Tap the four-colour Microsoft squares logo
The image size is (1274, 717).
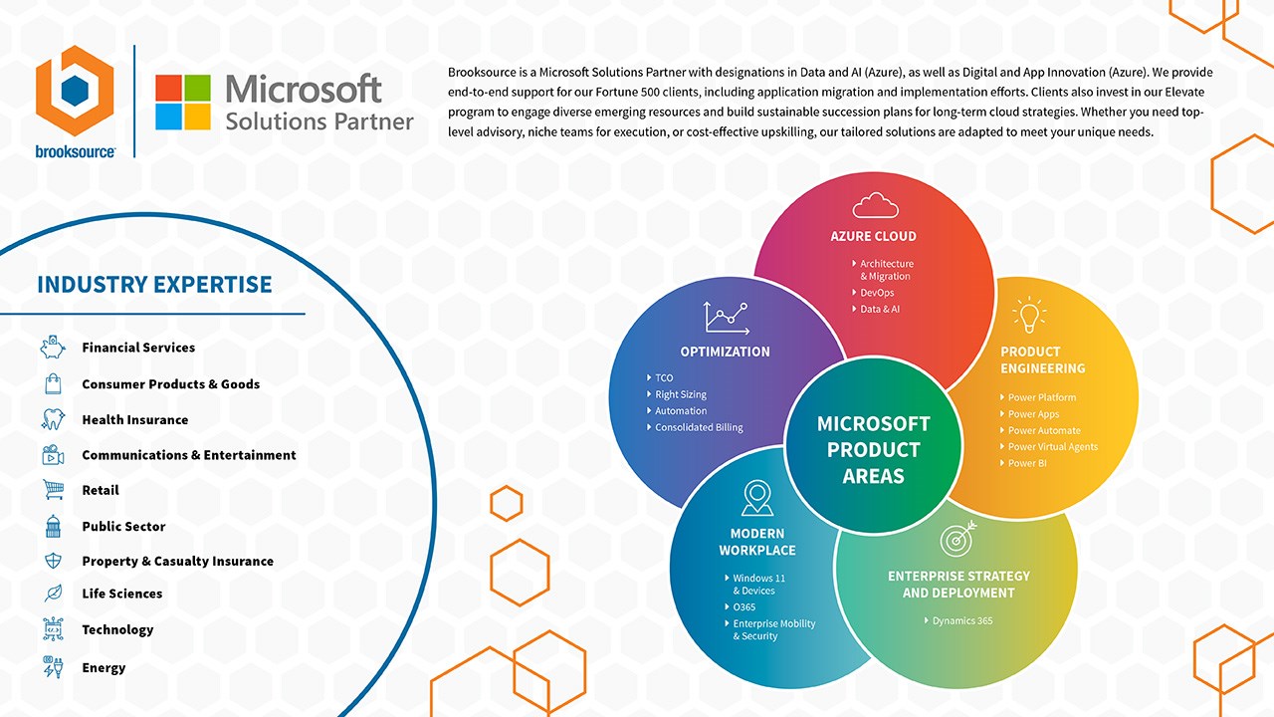[183, 103]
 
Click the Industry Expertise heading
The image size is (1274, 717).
[154, 285]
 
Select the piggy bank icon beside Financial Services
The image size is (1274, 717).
[53, 348]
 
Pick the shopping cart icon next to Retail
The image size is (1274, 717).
[53, 490]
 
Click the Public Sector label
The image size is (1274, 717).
[123, 527]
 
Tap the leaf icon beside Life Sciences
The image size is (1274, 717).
[53, 594]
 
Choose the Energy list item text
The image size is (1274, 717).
[104, 668]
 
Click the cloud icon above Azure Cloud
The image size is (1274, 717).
[875, 205]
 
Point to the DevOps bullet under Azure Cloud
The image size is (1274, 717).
[877, 293]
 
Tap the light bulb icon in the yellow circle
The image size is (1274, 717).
[1029, 316]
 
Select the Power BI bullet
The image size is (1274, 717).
[1026, 463]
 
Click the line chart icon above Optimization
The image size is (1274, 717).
[726, 318]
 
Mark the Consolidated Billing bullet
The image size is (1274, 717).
[698, 427]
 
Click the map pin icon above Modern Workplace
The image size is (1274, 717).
[757, 498]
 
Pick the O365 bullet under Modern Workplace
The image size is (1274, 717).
[743, 607]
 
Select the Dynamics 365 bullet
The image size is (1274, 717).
[961, 621]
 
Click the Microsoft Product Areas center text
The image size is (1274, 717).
[873, 450]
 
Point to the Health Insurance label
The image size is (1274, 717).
[134, 420]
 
